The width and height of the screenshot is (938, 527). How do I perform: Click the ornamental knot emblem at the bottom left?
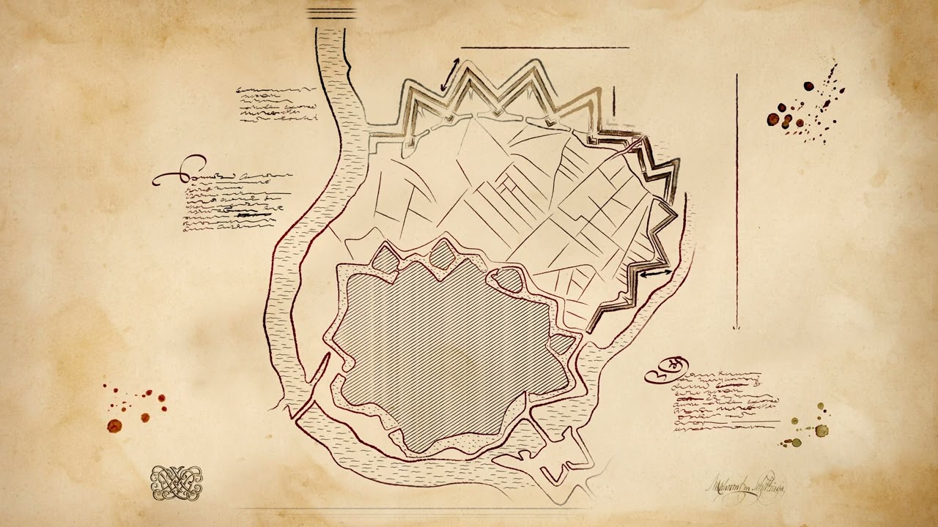click(176, 483)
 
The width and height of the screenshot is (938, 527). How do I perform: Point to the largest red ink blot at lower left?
click(114, 425)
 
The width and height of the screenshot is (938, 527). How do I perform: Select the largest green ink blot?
click(821, 430)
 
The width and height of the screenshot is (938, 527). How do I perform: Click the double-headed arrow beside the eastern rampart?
click(656, 274)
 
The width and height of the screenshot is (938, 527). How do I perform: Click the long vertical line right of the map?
click(736, 201)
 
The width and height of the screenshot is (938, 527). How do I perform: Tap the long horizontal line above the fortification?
click(544, 48)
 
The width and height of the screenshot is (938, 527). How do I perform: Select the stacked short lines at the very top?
click(330, 13)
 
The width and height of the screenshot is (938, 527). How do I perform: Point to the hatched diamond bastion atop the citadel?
click(441, 254)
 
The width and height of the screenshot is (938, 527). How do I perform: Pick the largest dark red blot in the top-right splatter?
click(773, 119)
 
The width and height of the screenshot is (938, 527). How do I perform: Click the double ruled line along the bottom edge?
click(410, 508)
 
